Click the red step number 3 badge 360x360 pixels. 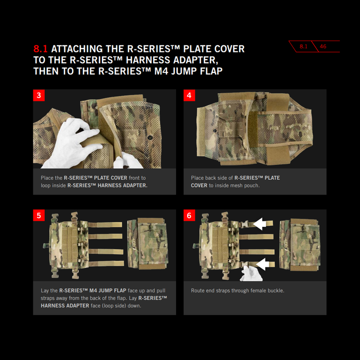39,95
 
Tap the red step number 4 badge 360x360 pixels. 189,95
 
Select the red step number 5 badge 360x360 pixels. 39,215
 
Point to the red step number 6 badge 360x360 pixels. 189,215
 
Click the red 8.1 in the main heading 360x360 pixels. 41,49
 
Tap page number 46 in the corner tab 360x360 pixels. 323,46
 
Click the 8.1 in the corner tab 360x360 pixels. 303,46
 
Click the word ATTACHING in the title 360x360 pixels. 77,49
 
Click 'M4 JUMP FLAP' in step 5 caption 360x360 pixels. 107,291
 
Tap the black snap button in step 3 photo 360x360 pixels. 150,137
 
